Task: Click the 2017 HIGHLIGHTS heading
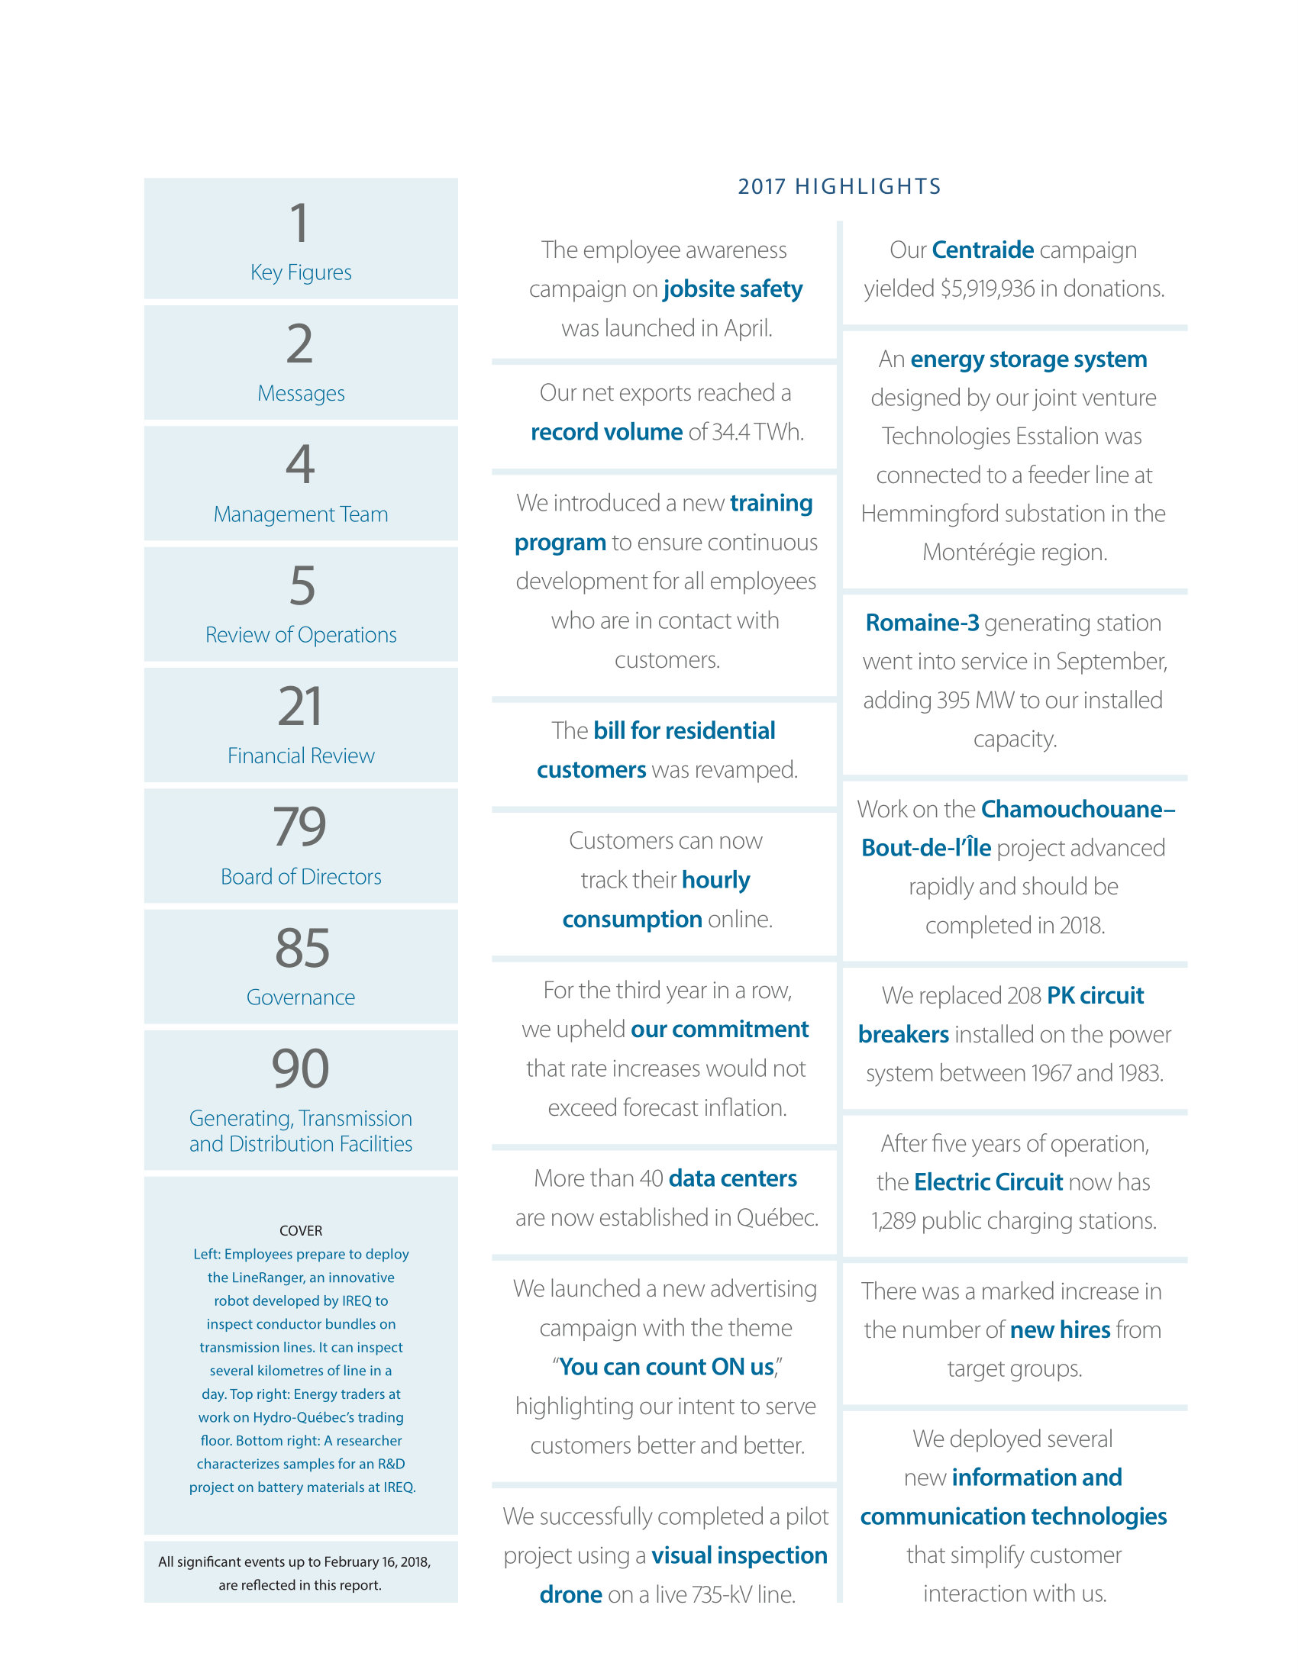pyautogui.click(x=839, y=187)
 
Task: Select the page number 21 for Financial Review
pyautogui.click(x=300, y=707)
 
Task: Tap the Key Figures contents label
pyautogui.click(x=301, y=272)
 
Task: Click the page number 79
pyautogui.click(x=300, y=827)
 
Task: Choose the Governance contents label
pyautogui.click(x=301, y=997)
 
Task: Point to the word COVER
pyautogui.click(x=301, y=1231)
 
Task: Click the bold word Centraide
pyautogui.click(x=982, y=250)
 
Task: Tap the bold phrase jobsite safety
pyautogui.click(x=732, y=289)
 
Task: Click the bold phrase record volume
pyautogui.click(x=606, y=432)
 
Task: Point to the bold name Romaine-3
pyautogui.click(x=922, y=623)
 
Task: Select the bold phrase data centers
pyautogui.click(x=732, y=1178)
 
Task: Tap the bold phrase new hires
pyautogui.click(x=1060, y=1329)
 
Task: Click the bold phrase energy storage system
pyautogui.click(x=1028, y=359)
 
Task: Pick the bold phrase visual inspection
pyautogui.click(x=739, y=1555)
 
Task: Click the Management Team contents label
pyautogui.click(x=301, y=514)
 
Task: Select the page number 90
pyautogui.click(x=300, y=1068)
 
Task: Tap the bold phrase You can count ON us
pyautogui.click(x=666, y=1367)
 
